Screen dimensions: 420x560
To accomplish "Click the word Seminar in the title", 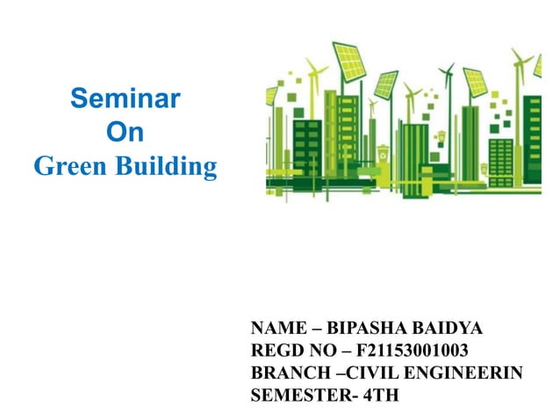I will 125,98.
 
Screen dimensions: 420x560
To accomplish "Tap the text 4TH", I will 380,395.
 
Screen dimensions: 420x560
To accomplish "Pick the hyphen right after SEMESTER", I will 352,395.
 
